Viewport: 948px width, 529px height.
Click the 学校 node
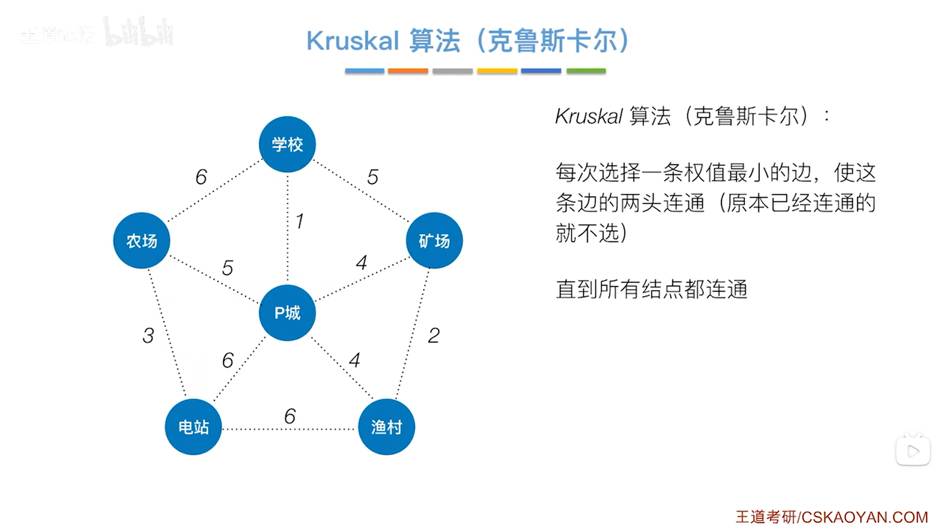coord(287,144)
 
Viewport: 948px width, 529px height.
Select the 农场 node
coord(142,241)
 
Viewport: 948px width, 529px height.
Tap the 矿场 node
coord(434,241)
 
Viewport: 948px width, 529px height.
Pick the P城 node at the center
coord(287,313)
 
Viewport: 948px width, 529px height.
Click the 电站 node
coord(193,427)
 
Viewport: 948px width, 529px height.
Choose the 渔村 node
coord(386,427)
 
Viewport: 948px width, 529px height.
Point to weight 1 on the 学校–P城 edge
coord(300,221)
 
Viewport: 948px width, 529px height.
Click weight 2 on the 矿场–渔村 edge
coord(434,336)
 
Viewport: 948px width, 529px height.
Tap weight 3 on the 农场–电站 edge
coord(148,336)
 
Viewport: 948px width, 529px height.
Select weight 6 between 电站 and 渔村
coord(290,416)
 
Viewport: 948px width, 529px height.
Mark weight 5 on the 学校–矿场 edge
coord(373,177)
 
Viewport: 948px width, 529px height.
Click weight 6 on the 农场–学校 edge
coord(201,177)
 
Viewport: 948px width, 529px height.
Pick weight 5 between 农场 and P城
coord(227,268)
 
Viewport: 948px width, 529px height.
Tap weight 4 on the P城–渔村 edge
coord(354,360)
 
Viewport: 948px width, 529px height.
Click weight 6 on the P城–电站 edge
coord(228,360)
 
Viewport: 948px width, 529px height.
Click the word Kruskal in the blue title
coord(352,41)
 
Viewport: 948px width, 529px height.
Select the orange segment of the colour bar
coord(408,71)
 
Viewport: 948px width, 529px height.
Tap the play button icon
coord(913,451)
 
